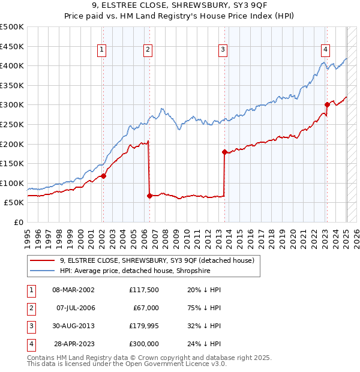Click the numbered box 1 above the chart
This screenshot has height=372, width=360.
[101, 50]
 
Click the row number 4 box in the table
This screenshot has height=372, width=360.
[29, 344]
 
